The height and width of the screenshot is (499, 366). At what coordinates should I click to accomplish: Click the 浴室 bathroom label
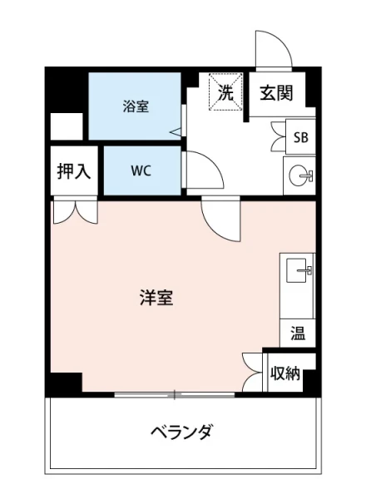coord(136,106)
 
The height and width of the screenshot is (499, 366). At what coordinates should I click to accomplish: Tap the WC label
coord(140,170)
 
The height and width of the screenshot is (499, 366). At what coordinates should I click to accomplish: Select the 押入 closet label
coord(73,171)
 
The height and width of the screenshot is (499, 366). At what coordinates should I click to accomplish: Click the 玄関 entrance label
coord(274,93)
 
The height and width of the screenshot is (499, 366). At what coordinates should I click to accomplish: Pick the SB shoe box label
coord(299,137)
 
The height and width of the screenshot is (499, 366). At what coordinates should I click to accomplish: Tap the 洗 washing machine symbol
coord(225,92)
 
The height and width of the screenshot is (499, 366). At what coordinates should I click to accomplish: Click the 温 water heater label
coord(297,333)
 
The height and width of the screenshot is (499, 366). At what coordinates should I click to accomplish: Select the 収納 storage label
coord(285,373)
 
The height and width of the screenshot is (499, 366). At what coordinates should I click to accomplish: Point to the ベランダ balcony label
coord(181,432)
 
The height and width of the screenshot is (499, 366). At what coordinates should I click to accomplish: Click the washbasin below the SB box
coord(299,175)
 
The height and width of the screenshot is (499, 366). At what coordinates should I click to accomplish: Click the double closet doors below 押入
coord(74,211)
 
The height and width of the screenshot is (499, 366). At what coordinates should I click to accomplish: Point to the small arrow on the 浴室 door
coord(175,131)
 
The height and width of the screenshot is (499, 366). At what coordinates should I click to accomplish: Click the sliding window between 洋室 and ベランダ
coord(175,393)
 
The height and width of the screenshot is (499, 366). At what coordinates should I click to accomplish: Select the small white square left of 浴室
coord(66,126)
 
